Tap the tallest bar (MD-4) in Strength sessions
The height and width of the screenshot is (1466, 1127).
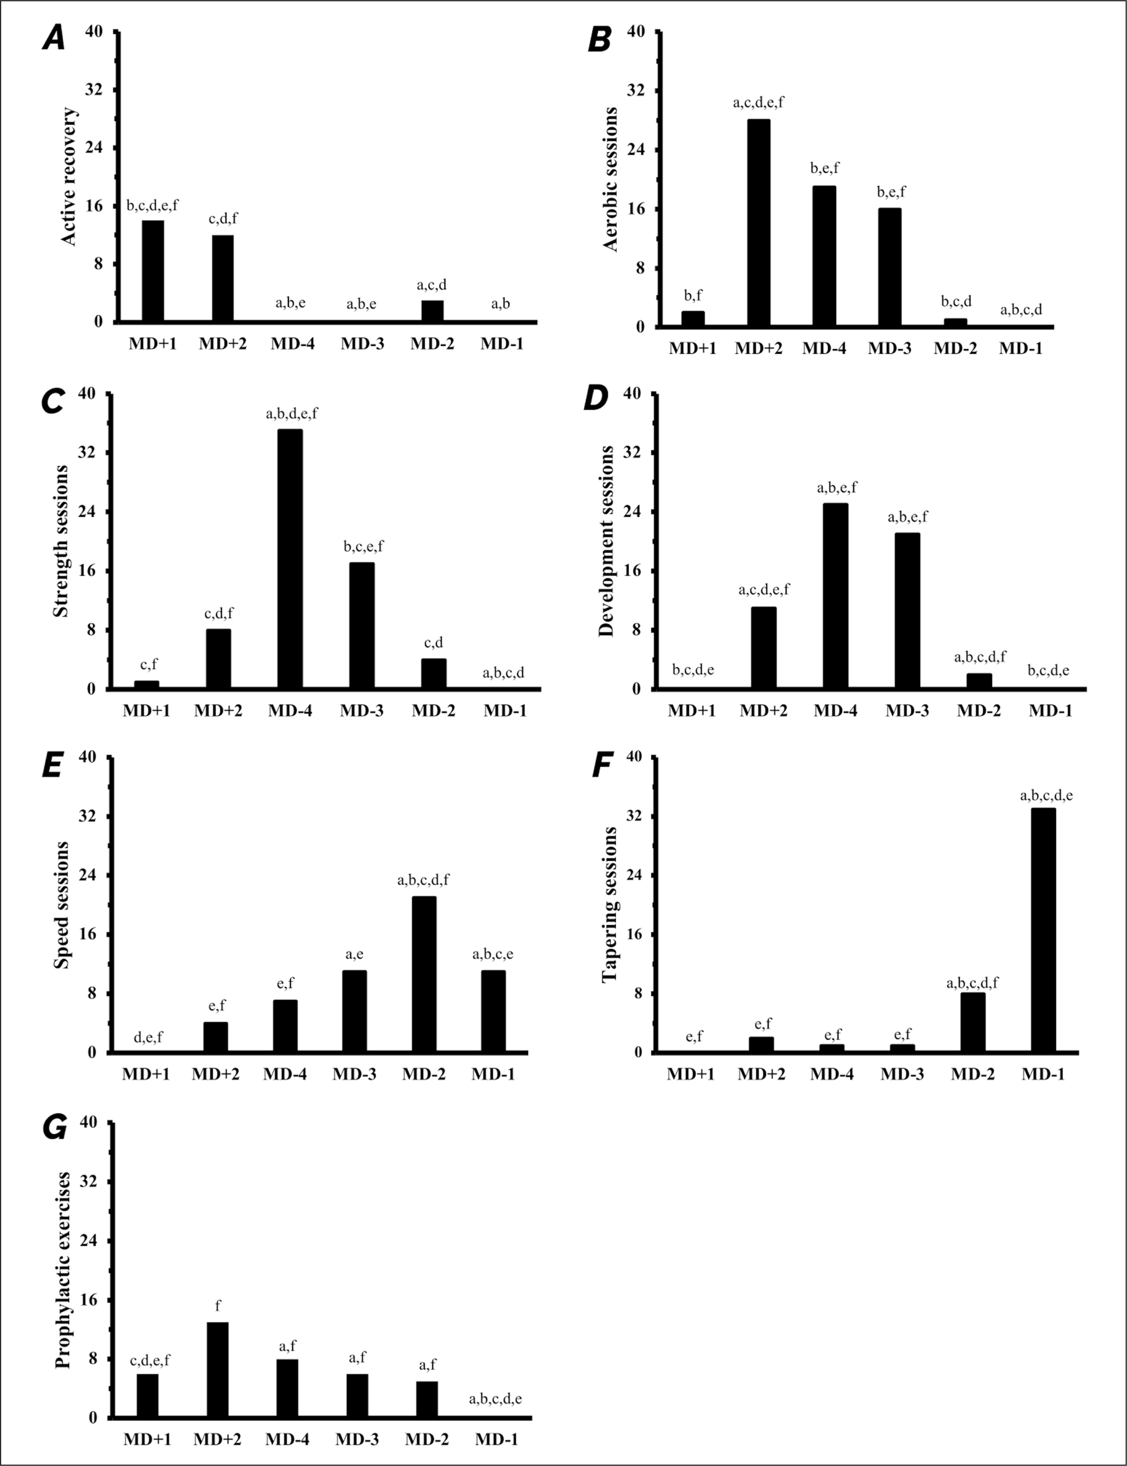[290, 559]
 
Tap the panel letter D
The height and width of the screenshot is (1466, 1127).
[596, 399]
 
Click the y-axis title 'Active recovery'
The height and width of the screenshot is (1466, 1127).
[69, 176]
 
